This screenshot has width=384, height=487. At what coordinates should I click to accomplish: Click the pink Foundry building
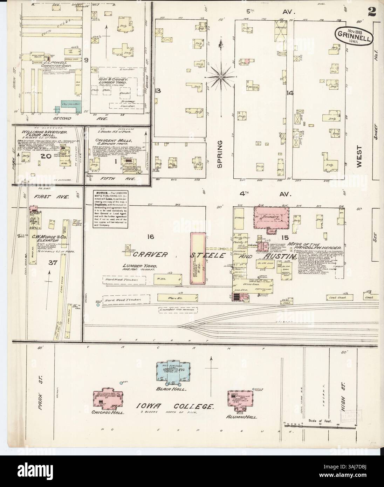[272, 218]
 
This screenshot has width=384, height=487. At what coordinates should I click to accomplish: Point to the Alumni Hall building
[241, 399]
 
